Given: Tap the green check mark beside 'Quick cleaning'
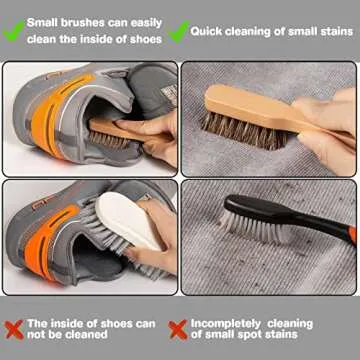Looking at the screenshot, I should (x=179, y=31).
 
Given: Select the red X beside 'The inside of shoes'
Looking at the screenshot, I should (x=15, y=328).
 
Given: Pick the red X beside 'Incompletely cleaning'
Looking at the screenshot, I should (x=179, y=328).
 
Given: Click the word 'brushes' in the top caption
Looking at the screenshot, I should (x=76, y=21).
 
